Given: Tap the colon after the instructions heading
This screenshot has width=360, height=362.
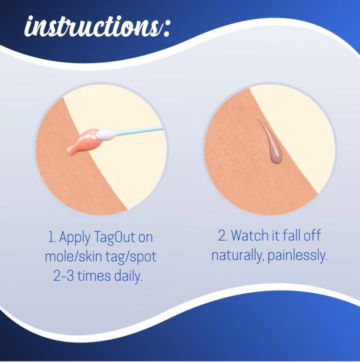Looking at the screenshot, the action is (x=166, y=29).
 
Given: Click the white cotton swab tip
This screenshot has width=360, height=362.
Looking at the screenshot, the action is (x=106, y=134).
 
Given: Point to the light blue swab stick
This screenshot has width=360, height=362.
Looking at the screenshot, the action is (x=139, y=131).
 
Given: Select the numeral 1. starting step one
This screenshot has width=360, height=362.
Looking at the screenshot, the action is (x=52, y=237).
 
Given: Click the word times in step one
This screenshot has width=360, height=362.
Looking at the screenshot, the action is (x=94, y=276).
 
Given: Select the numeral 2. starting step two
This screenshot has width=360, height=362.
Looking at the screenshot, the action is (x=223, y=235).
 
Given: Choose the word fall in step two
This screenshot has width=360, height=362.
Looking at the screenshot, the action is (x=292, y=235).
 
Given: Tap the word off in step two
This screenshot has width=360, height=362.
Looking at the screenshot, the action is (x=312, y=235).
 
